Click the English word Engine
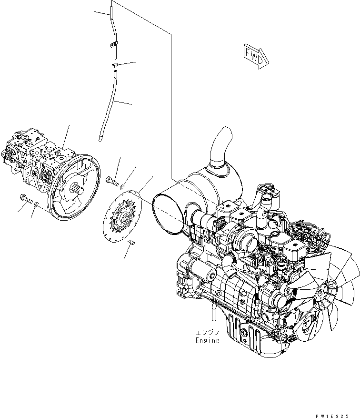[207, 340]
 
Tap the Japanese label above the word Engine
[207, 332]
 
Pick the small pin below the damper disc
[132, 244]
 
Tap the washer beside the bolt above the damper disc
[123, 186]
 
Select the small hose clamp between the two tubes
[115, 64]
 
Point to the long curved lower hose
[110, 105]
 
